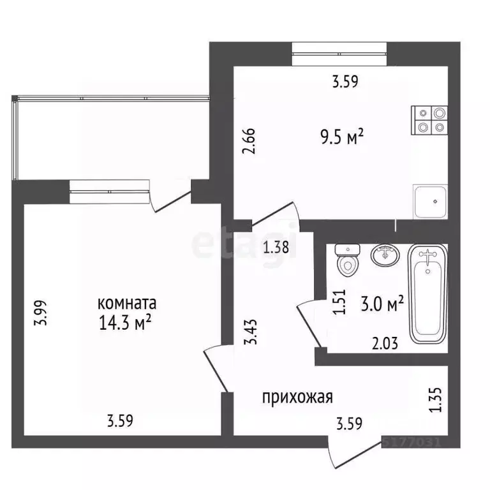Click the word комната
pyautogui.click(x=127, y=302)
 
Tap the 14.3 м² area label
pyautogui.click(x=124, y=323)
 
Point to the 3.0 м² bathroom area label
pyautogui.click(x=383, y=304)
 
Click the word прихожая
pyautogui.click(x=297, y=397)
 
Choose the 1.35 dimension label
pyautogui.click(x=436, y=397)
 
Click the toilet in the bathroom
pyautogui.click(x=347, y=260)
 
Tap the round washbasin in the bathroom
pyautogui.click(x=385, y=256)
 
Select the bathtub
pyautogui.click(x=427, y=294)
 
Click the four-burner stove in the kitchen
pyautogui.click(x=430, y=119)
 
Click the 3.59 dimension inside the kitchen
pyautogui.click(x=345, y=81)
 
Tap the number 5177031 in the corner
pyautogui.click(x=417, y=440)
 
